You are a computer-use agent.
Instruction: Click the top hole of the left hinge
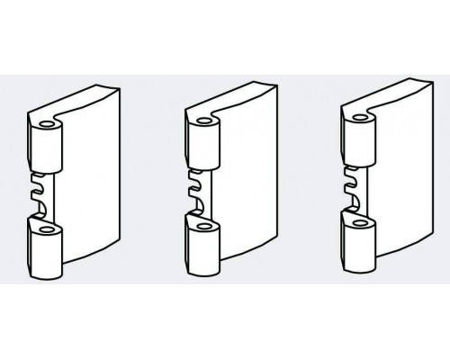point(44,121)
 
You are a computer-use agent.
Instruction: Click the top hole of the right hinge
point(360,118)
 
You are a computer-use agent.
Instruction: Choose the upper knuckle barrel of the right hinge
point(358,142)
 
